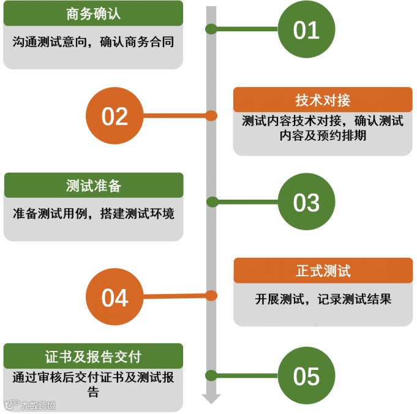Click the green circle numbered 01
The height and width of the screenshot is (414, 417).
(x=306, y=29)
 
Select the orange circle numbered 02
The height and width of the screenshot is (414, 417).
(x=115, y=116)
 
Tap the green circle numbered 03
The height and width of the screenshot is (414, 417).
(x=306, y=202)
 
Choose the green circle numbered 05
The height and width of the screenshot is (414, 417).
(x=306, y=375)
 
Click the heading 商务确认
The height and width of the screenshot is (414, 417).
(x=93, y=14)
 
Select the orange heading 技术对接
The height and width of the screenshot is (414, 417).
(x=323, y=100)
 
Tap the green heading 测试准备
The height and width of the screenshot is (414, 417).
(x=93, y=186)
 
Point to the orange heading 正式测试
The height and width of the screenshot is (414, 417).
(x=323, y=271)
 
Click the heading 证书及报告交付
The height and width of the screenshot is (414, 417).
(x=93, y=356)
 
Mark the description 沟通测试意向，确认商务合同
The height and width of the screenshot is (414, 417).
(x=93, y=42)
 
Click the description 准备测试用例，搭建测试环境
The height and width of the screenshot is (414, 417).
(x=93, y=214)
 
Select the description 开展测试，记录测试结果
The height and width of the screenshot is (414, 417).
(x=323, y=299)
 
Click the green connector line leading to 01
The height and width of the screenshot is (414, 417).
(x=245, y=29)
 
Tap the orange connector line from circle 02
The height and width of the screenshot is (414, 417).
(x=178, y=115)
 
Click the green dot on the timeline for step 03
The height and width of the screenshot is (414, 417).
(x=212, y=201)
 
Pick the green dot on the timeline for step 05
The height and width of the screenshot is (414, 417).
(x=212, y=375)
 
